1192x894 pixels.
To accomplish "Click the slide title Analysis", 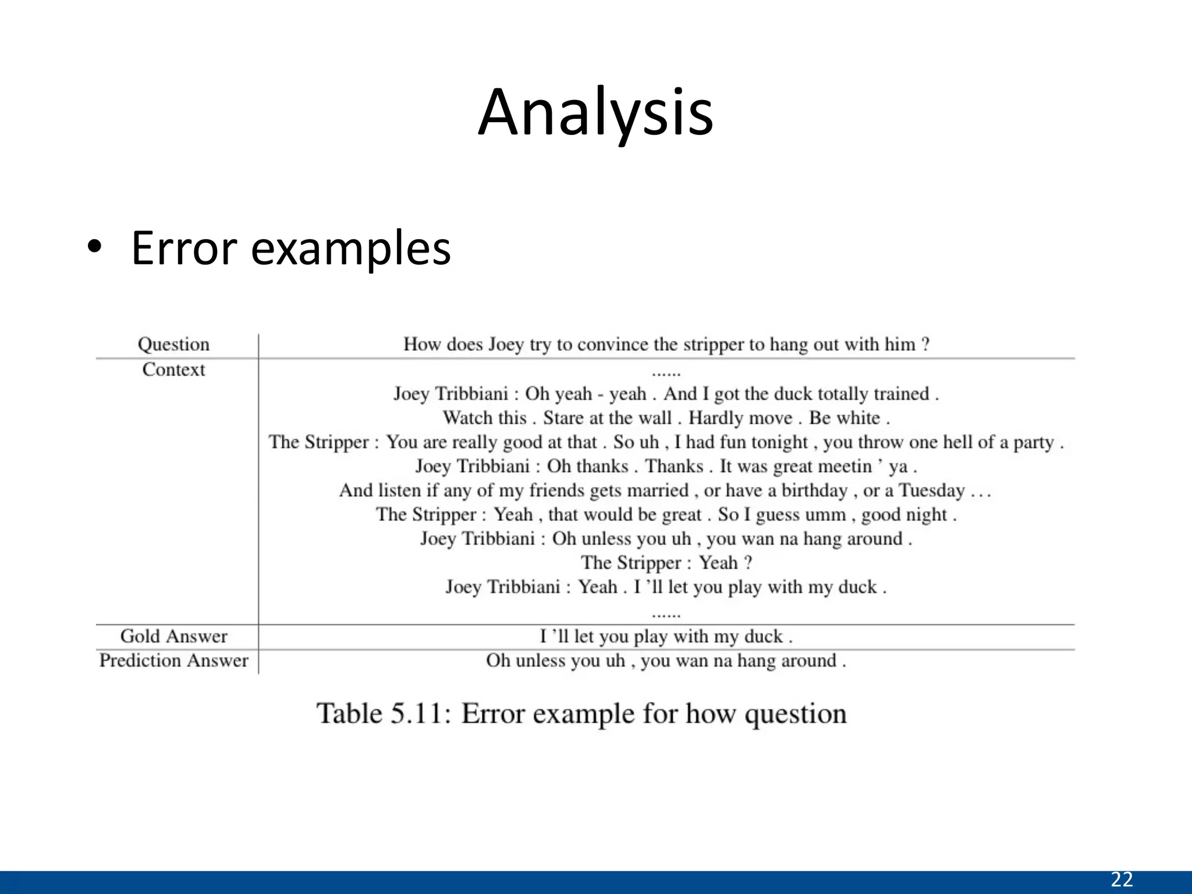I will point(595,113).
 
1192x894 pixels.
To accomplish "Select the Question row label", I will point(173,345).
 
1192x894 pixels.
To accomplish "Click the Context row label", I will point(173,370).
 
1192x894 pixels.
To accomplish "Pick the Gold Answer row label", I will point(173,636).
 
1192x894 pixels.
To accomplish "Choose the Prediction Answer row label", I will point(173,661).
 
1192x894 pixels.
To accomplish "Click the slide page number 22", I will point(1122,879).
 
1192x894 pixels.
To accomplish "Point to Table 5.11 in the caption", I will point(384,714).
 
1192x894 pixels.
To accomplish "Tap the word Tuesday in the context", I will point(932,491).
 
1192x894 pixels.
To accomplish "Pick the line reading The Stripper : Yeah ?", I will point(666,563).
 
